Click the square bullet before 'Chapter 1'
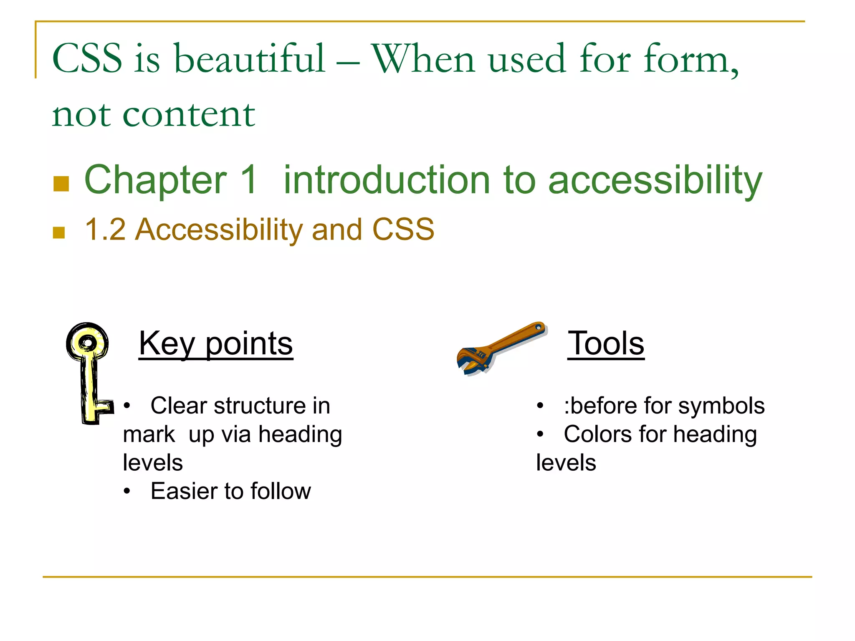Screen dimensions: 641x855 pyautogui.click(x=61, y=184)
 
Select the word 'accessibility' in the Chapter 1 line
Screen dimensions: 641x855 pyautogui.click(x=655, y=180)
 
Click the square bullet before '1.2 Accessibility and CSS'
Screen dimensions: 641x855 pyautogui.click(x=59, y=232)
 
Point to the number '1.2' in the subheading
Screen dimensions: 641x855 pyautogui.click(x=105, y=230)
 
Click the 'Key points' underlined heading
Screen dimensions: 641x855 pyautogui.click(x=215, y=343)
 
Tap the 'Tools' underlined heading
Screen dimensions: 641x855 pyautogui.click(x=606, y=343)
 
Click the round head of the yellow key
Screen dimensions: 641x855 pyautogui.click(x=87, y=343)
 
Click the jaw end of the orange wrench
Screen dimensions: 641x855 pyautogui.click(x=472, y=361)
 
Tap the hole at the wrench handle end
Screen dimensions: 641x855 pyautogui.click(x=539, y=328)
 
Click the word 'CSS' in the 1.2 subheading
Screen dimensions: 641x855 pyautogui.click(x=403, y=230)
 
